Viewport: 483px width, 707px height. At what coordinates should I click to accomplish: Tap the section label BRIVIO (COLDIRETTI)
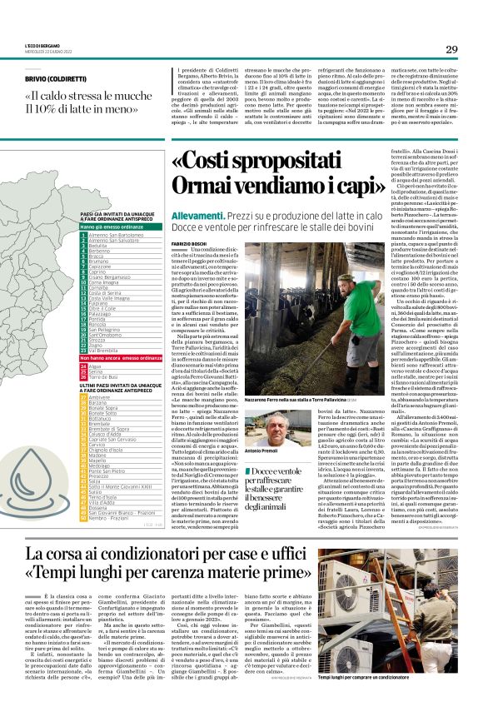57,78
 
